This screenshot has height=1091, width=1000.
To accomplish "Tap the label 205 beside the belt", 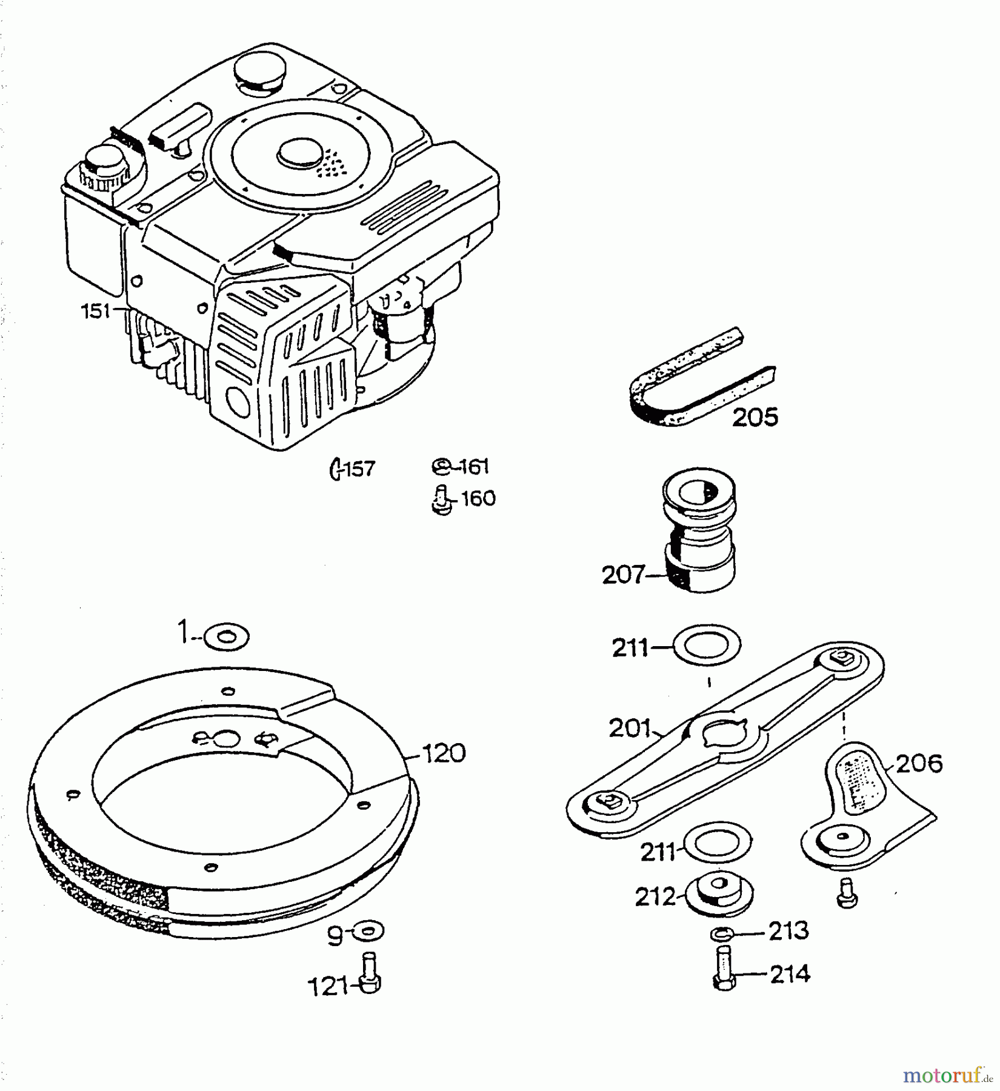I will coord(755,418).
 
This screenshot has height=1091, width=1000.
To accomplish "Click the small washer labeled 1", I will coord(227,637).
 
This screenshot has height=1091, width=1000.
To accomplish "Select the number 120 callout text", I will coord(443,753).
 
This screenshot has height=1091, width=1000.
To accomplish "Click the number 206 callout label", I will coord(919,764).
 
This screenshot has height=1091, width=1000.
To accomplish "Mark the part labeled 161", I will coord(442,467).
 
